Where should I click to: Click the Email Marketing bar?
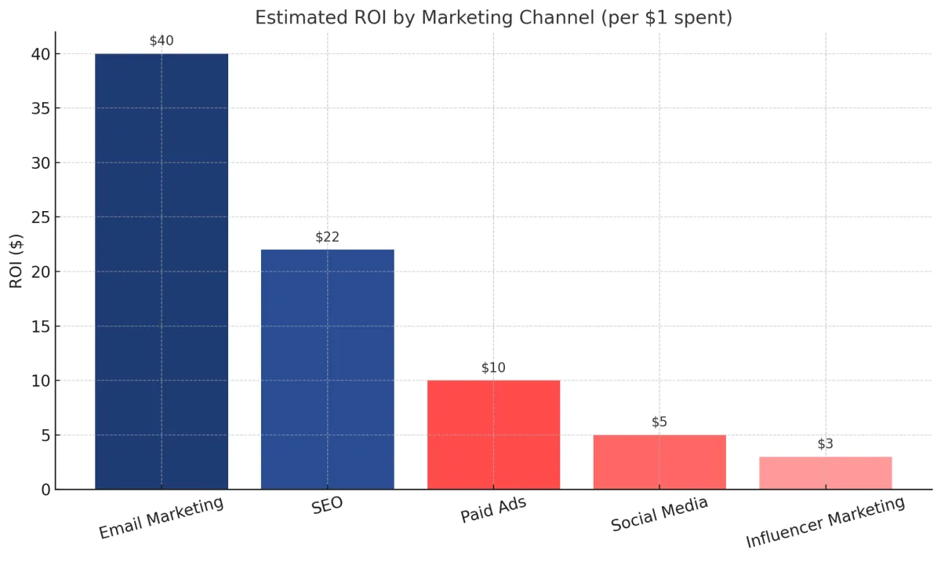(x=162, y=271)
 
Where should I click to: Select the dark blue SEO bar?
(x=328, y=369)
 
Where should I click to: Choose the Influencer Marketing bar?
(x=825, y=472)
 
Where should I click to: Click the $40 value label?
(x=162, y=41)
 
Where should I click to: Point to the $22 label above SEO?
(x=328, y=237)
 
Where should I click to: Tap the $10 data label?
(x=493, y=367)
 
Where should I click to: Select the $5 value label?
(x=659, y=422)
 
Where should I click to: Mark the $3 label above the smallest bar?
(x=825, y=444)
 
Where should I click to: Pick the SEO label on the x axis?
(x=328, y=506)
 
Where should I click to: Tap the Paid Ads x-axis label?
(x=493, y=510)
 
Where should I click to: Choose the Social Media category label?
(x=659, y=514)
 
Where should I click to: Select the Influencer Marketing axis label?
(x=825, y=523)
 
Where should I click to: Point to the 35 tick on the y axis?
(x=41, y=109)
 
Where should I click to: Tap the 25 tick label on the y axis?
(x=41, y=217)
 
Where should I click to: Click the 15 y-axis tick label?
(x=41, y=326)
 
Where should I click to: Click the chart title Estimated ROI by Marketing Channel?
(x=493, y=17)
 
